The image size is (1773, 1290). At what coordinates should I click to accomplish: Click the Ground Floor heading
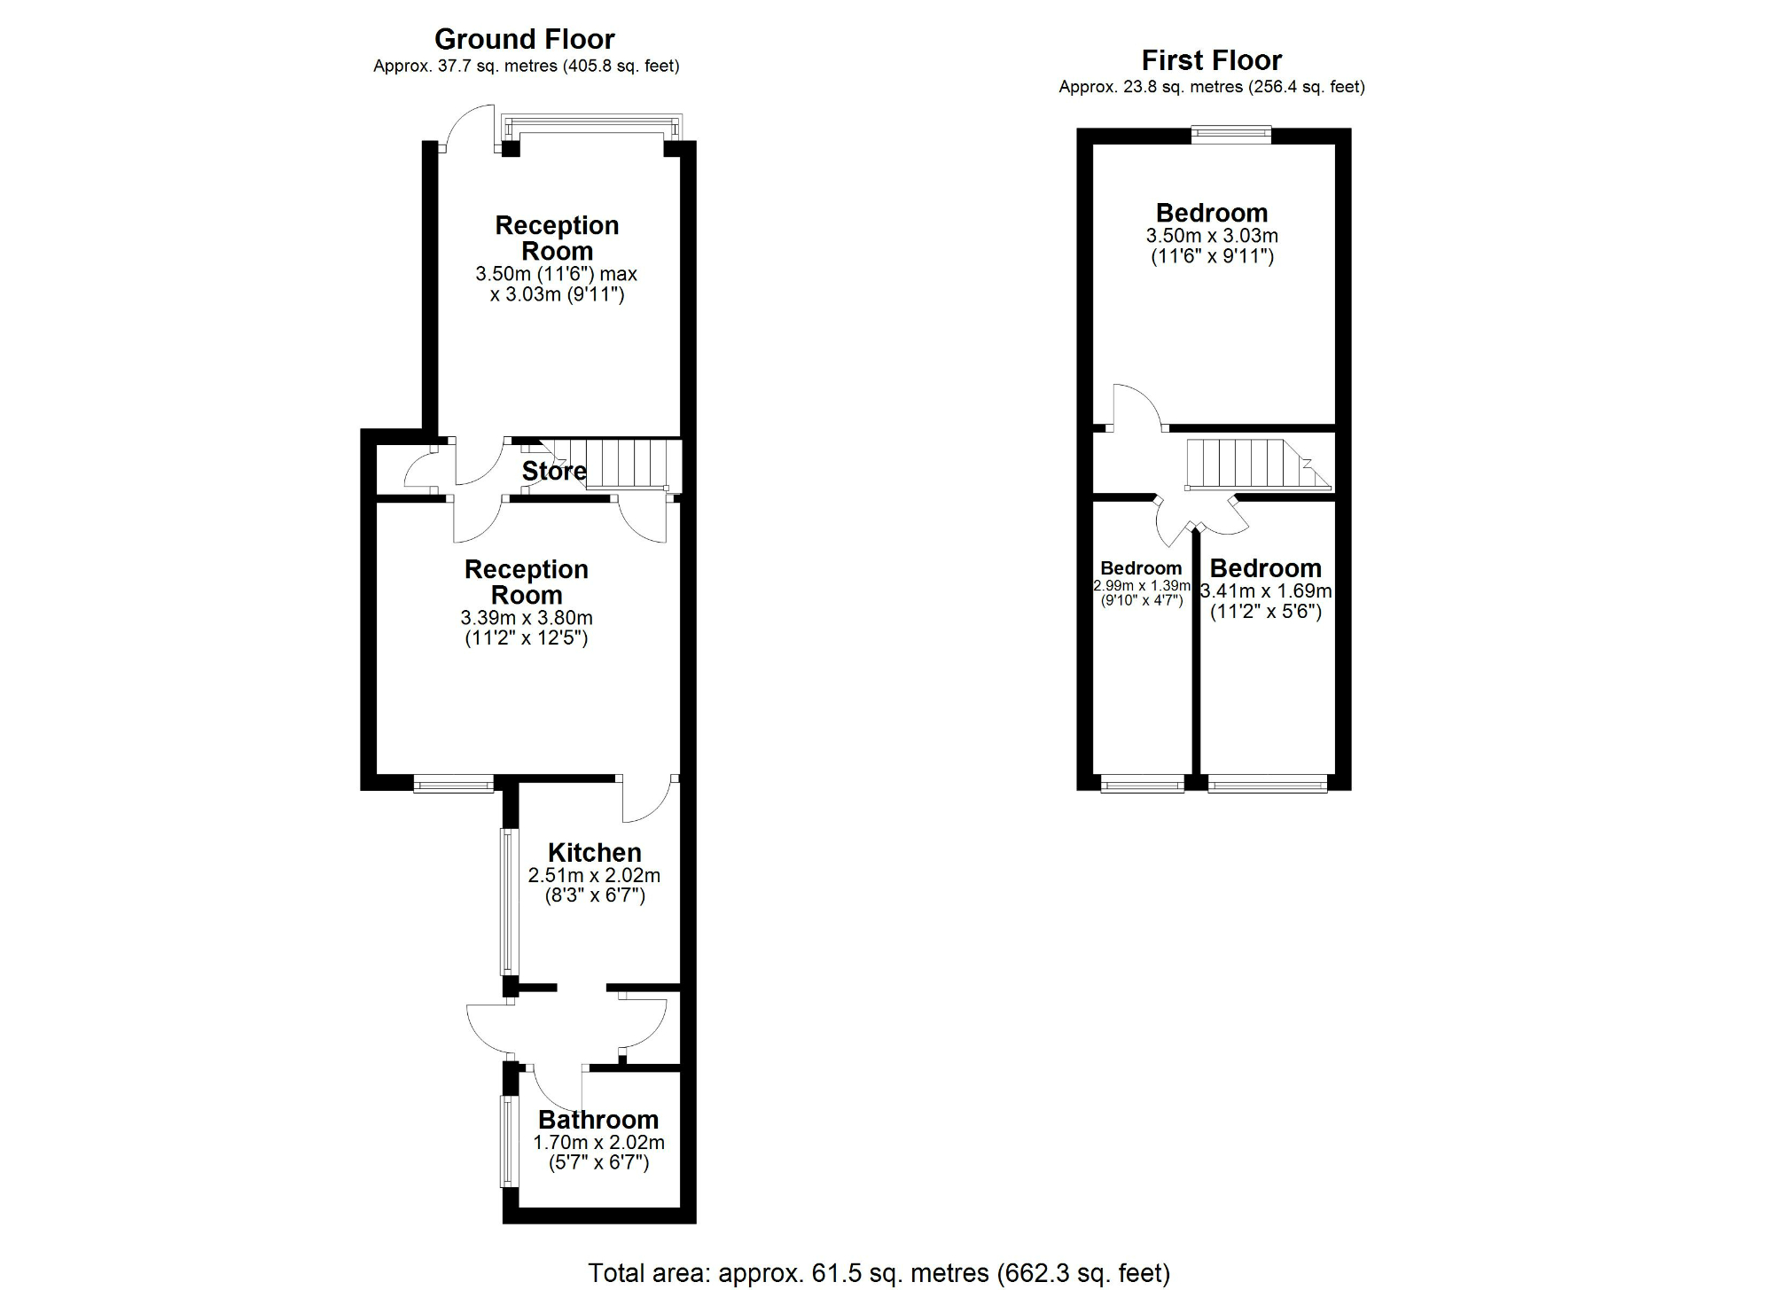524,39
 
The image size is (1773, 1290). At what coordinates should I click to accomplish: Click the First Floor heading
1211,60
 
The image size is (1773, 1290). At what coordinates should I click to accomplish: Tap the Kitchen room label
594,852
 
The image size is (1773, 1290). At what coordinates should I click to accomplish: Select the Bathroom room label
598,1120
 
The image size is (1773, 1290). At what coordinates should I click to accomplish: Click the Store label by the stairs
553,471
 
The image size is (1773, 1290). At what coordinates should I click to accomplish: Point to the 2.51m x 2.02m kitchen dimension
594,876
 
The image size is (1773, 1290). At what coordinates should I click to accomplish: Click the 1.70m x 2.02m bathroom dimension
598,1143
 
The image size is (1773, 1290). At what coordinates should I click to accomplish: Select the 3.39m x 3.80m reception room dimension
527,618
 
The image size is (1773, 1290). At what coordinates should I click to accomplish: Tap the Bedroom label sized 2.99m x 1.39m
1141,568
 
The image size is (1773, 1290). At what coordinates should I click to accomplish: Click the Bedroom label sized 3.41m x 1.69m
1265,568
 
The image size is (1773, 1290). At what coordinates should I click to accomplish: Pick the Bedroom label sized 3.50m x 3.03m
1211,213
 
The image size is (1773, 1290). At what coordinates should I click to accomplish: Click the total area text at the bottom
879,1273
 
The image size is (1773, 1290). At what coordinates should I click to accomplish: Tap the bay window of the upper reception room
590,126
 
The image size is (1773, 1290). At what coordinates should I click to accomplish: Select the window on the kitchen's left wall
506,901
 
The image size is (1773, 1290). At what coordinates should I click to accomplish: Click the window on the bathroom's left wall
506,1141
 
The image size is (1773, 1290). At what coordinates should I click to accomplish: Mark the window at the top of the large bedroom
1230,135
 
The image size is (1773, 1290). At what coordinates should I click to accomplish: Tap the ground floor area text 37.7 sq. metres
526,66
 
